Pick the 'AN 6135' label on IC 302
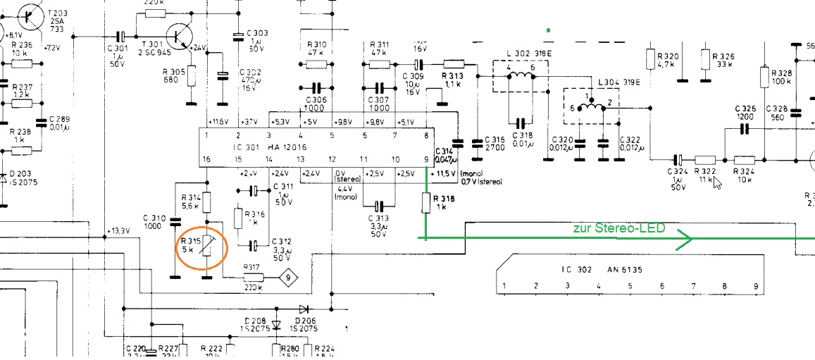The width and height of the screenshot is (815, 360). pyautogui.click(x=623, y=269)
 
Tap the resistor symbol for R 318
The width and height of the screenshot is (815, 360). pyautogui.click(x=426, y=203)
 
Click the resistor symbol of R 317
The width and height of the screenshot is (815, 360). pyautogui.click(x=251, y=277)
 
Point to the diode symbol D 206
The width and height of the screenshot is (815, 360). pyautogui.click(x=304, y=309)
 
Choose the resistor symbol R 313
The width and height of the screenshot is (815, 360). pyautogui.click(x=453, y=64)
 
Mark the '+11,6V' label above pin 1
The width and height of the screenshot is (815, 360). pyautogui.click(x=218, y=121)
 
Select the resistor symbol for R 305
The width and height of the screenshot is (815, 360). pyautogui.click(x=191, y=76)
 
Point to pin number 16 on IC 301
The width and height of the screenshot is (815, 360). pyautogui.click(x=206, y=159)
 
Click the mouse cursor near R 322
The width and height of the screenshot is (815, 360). pyautogui.click(x=717, y=183)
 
